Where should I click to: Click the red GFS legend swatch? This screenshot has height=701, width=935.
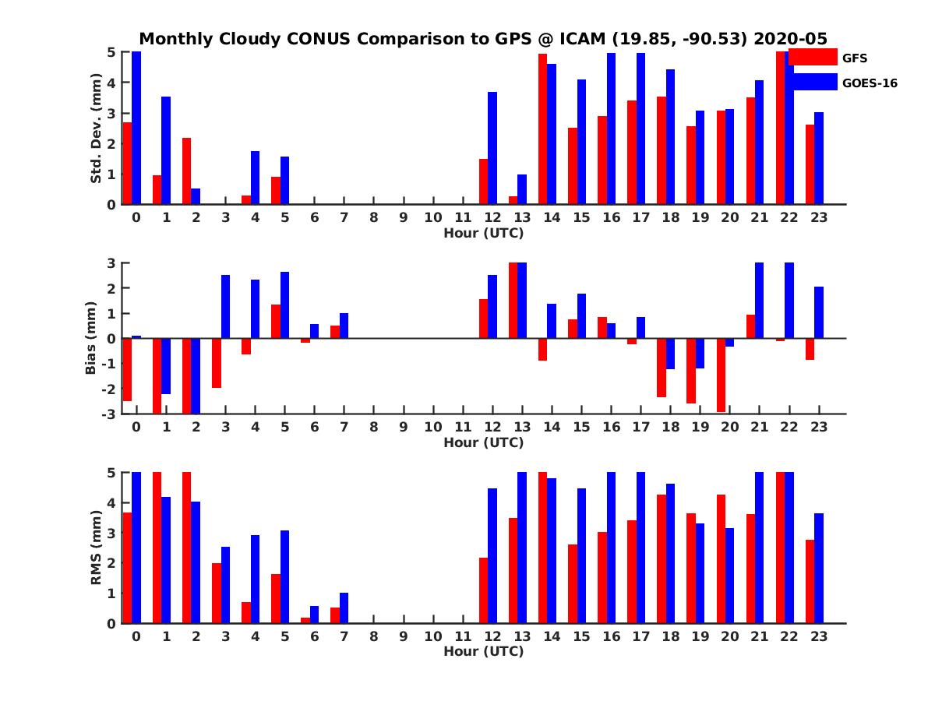point(813,58)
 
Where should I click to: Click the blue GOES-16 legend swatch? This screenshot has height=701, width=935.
point(813,83)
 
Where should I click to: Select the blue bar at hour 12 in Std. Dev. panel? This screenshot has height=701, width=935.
point(492,148)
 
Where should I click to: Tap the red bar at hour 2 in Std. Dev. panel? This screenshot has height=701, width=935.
point(187,171)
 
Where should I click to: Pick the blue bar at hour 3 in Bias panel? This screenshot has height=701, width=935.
point(225,307)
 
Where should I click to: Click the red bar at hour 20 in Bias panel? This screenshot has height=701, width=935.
point(722,375)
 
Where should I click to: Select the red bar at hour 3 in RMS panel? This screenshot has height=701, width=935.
point(217,593)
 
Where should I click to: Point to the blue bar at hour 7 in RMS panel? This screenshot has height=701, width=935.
point(344,608)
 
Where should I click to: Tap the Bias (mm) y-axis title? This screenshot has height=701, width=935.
point(90,338)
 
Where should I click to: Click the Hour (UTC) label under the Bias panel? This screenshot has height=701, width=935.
point(483,442)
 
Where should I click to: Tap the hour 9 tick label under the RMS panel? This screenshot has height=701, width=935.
point(404,637)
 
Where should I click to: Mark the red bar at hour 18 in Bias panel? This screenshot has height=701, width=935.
point(662,368)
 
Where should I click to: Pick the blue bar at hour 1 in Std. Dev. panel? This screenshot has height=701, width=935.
point(166,150)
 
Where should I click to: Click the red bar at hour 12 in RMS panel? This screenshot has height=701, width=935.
point(484,590)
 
